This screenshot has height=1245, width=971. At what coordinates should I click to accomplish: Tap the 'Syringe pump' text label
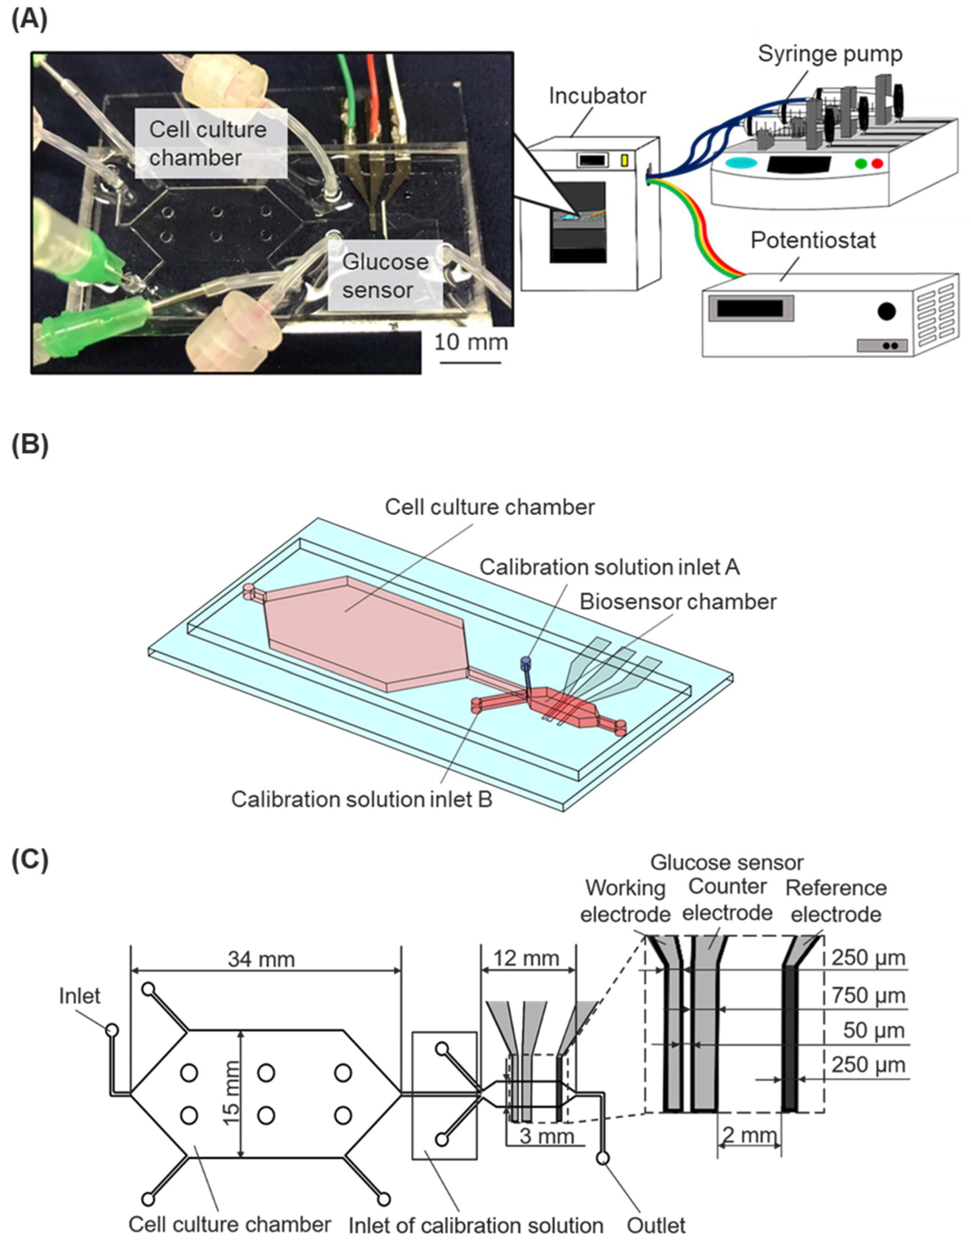[x=830, y=54]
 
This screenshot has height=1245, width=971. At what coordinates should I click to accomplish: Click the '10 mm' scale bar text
[x=471, y=342]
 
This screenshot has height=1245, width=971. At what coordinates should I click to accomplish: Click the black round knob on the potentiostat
[x=886, y=311]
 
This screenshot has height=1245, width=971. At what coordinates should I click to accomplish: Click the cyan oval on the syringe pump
[x=741, y=163]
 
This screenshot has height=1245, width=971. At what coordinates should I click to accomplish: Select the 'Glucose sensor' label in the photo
[x=385, y=276]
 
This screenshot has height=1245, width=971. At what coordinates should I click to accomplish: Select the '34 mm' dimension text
[x=261, y=959]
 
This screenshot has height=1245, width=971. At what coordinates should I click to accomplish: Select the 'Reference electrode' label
[x=835, y=901]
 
